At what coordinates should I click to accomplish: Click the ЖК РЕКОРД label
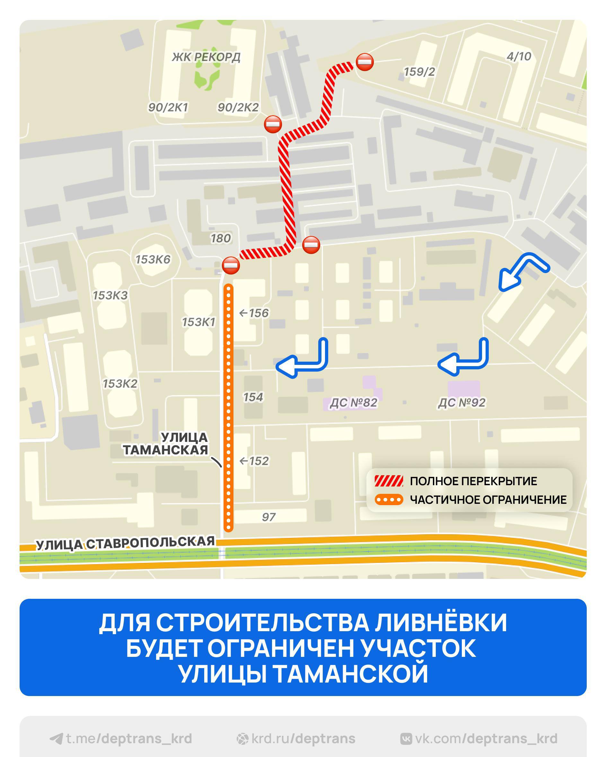click(206, 57)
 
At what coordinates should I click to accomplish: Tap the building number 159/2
click(419, 72)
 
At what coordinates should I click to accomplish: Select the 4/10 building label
click(519, 56)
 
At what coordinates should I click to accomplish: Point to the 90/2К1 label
click(168, 108)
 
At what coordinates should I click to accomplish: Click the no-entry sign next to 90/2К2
click(273, 124)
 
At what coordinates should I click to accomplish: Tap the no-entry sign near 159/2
click(364, 62)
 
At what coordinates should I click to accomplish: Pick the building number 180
click(221, 238)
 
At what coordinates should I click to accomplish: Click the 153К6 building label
click(153, 260)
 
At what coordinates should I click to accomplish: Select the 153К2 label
click(120, 383)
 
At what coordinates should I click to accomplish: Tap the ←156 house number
click(254, 313)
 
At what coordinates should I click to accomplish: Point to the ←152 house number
click(254, 461)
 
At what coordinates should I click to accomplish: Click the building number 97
click(269, 517)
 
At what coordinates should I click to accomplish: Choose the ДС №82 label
click(353, 403)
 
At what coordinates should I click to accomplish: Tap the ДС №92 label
click(461, 403)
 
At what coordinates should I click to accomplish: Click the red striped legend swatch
click(389, 481)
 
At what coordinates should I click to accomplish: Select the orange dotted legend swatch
click(389, 500)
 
